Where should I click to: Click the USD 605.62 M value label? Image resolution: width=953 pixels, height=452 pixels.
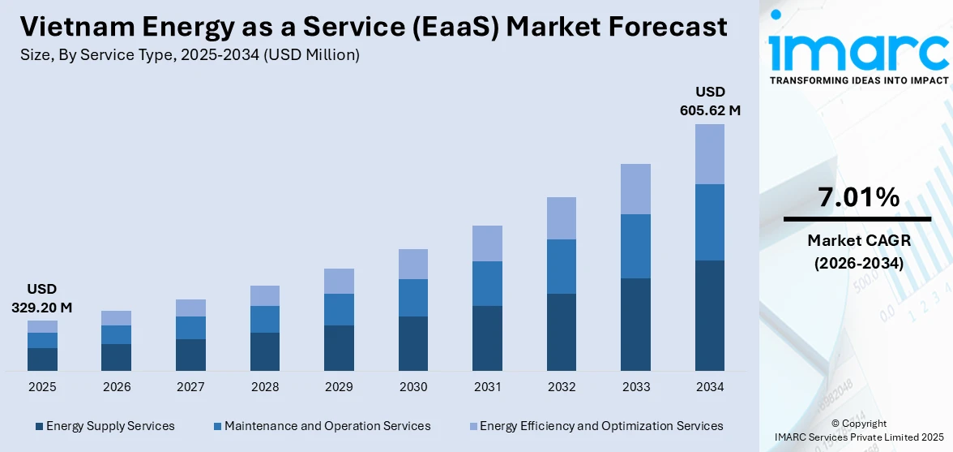point(709,101)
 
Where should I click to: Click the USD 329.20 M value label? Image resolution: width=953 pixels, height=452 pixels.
point(42,299)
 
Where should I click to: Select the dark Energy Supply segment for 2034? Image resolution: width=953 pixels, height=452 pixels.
point(709,315)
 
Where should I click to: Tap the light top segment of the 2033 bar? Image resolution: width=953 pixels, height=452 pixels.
point(635,189)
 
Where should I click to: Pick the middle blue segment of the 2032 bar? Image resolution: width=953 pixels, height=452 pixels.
point(562,266)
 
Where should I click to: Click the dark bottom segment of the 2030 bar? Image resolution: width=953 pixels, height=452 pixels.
point(413,343)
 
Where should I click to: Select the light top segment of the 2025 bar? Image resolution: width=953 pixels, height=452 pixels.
point(42,326)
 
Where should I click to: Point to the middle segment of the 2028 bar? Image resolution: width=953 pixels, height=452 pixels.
point(265,319)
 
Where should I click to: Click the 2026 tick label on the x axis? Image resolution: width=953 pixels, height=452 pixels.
point(117,387)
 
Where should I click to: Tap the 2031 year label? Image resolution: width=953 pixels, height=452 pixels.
point(487,387)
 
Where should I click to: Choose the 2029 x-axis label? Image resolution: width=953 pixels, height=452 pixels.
point(339,387)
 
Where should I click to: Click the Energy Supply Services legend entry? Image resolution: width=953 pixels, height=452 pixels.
point(105,426)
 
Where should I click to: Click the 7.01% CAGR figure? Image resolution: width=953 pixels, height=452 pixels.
point(858,197)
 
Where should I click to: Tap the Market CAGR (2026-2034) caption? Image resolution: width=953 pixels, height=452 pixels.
point(858,252)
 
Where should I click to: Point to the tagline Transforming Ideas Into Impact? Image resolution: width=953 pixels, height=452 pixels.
point(858,80)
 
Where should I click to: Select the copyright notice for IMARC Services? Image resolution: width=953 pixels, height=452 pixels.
point(858,430)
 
